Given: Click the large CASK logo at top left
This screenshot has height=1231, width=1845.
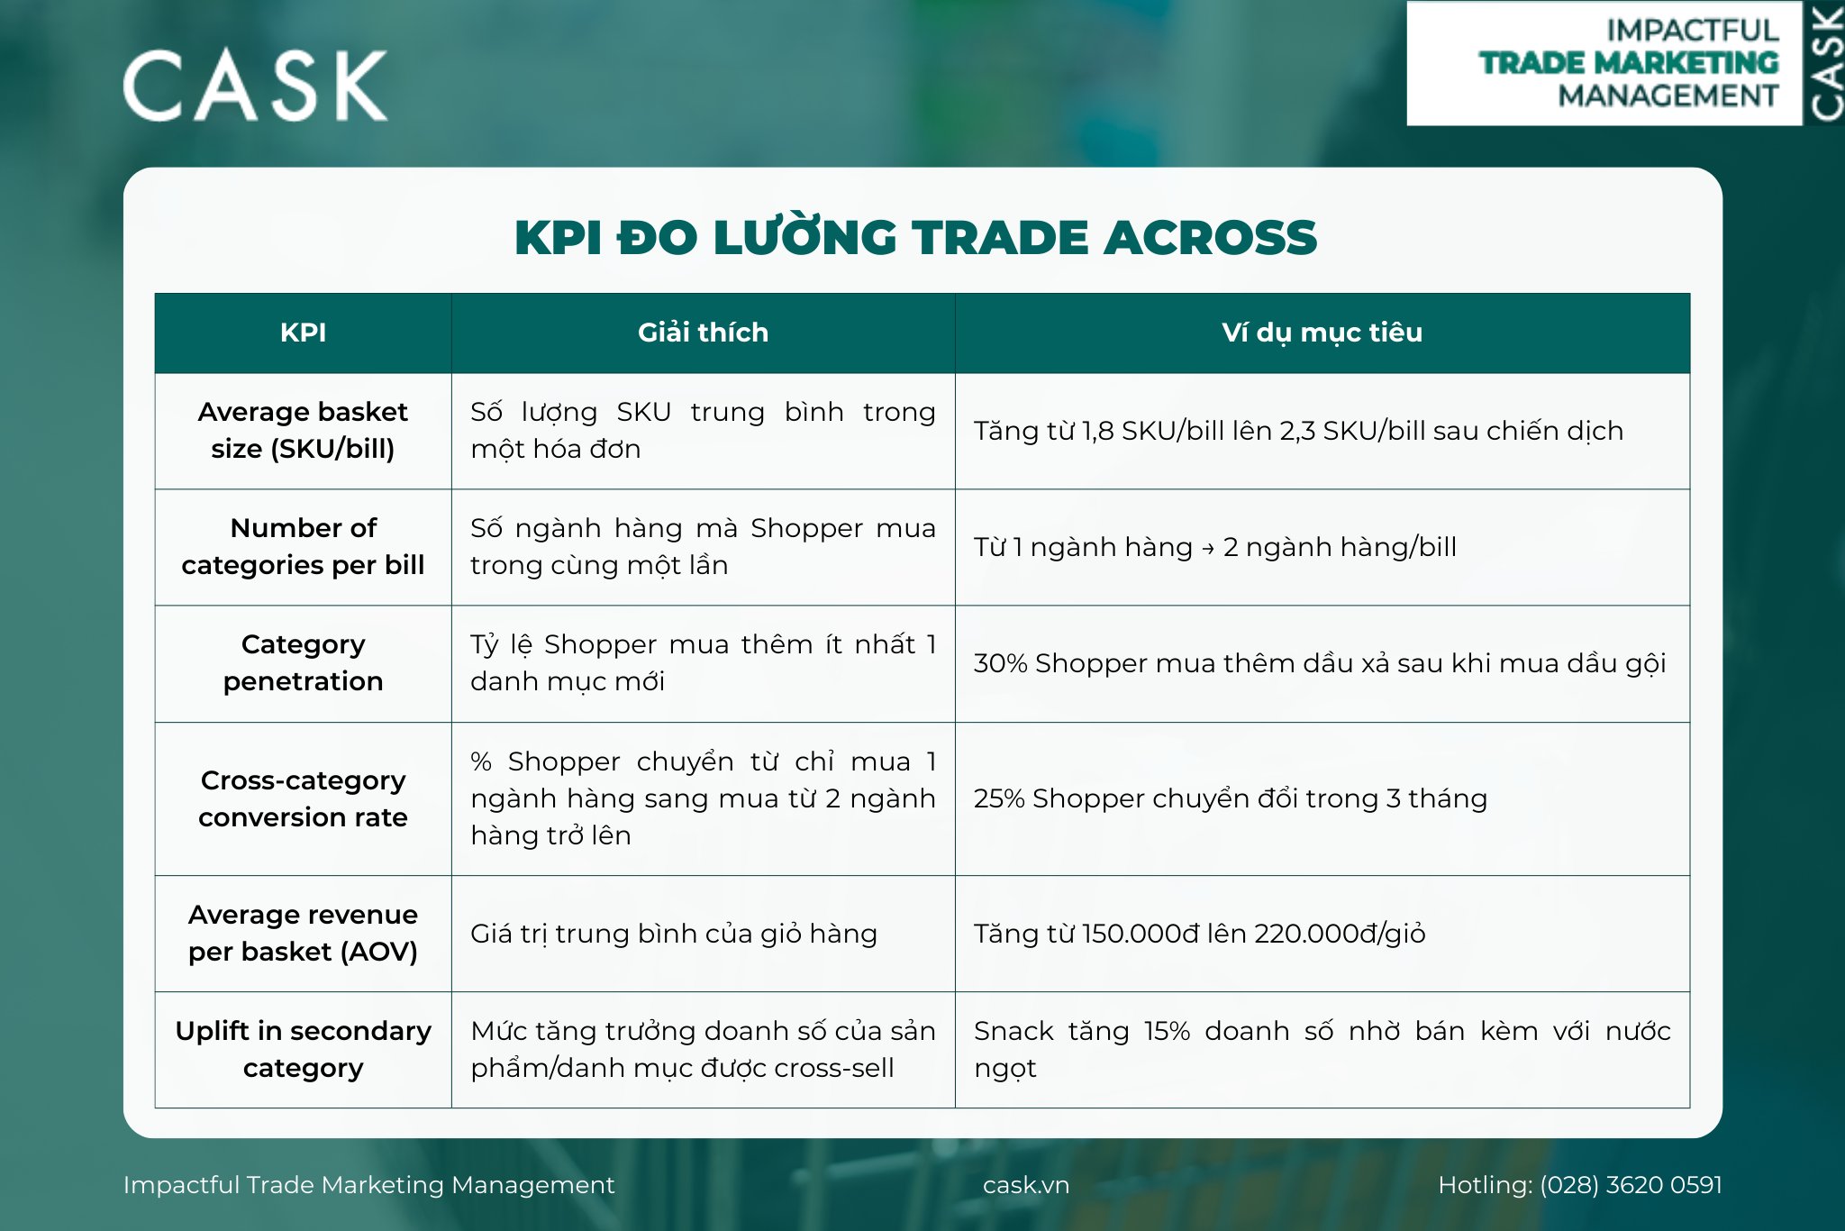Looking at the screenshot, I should point(255,86).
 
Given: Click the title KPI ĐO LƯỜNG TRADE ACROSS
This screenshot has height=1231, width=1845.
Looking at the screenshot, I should point(915,238).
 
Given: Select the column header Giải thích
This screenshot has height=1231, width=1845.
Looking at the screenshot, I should point(703,333).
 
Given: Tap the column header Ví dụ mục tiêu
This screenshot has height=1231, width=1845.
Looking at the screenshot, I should point(1322,333).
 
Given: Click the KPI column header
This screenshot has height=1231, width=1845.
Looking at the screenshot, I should point(303,333).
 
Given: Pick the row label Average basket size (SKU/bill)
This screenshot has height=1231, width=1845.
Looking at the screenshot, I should point(303,430).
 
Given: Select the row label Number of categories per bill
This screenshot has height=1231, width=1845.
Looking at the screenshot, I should point(303,546).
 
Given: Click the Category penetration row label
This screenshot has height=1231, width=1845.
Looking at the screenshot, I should point(303,662).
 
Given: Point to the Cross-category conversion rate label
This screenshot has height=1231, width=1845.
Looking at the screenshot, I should point(303,798).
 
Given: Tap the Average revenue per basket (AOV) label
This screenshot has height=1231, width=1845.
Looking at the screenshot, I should point(303,933).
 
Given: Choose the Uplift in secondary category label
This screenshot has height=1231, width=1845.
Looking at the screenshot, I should point(303,1049).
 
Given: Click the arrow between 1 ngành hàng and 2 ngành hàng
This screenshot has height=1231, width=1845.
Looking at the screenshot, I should point(1207,548).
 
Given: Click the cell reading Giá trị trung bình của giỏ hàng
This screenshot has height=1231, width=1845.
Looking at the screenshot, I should point(673,934).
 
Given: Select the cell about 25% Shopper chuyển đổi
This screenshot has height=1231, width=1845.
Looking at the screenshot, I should point(1230,798).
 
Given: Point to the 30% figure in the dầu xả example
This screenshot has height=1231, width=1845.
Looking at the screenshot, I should point(1000,663).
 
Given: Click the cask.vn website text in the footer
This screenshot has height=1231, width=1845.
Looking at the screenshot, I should point(1026,1185).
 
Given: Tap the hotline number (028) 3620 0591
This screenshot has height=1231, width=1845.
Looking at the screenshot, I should point(1631,1185).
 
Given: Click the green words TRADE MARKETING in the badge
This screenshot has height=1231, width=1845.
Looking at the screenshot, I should point(1629,63).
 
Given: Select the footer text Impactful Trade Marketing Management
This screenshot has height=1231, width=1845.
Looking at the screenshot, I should point(368,1185).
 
